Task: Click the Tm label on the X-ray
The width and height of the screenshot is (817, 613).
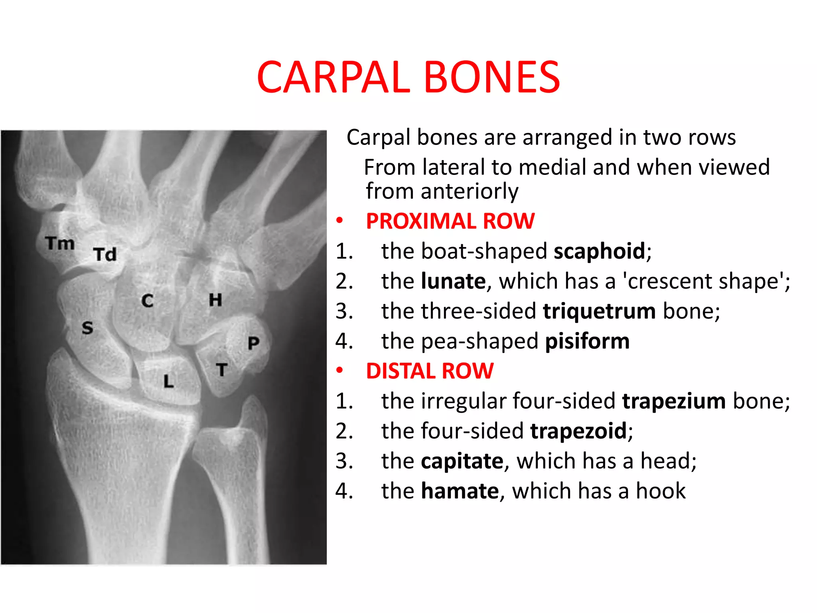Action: point(60,243)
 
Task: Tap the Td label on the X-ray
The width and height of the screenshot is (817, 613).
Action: point(105,254)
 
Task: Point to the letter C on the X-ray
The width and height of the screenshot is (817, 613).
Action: point(147,301)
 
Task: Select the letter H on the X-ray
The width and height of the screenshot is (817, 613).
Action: point(215,300)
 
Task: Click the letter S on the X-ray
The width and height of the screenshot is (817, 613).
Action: point(87,328)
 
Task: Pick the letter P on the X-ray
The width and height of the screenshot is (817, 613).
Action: point(253,343)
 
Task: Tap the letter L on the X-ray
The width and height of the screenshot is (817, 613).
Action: point(169,382)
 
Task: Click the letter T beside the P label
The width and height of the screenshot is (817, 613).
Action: point(222,370)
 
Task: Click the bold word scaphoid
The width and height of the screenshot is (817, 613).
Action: point(599,251)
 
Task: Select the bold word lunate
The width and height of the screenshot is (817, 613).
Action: point(454,281)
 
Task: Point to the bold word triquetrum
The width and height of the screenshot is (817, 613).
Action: point(599,311)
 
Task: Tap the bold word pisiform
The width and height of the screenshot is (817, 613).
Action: point(587,342)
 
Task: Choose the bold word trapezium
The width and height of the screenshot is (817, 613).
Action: point(674,401)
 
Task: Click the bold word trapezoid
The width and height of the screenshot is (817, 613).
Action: point(578,431)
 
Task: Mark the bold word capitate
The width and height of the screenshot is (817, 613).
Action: point(462,461)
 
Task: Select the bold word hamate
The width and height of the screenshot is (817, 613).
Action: point(460,491)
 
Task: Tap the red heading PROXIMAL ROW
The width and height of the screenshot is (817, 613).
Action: point(450,221)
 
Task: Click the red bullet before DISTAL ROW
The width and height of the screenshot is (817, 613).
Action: point(339,371)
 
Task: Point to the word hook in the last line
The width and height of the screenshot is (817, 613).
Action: point(661,491)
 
